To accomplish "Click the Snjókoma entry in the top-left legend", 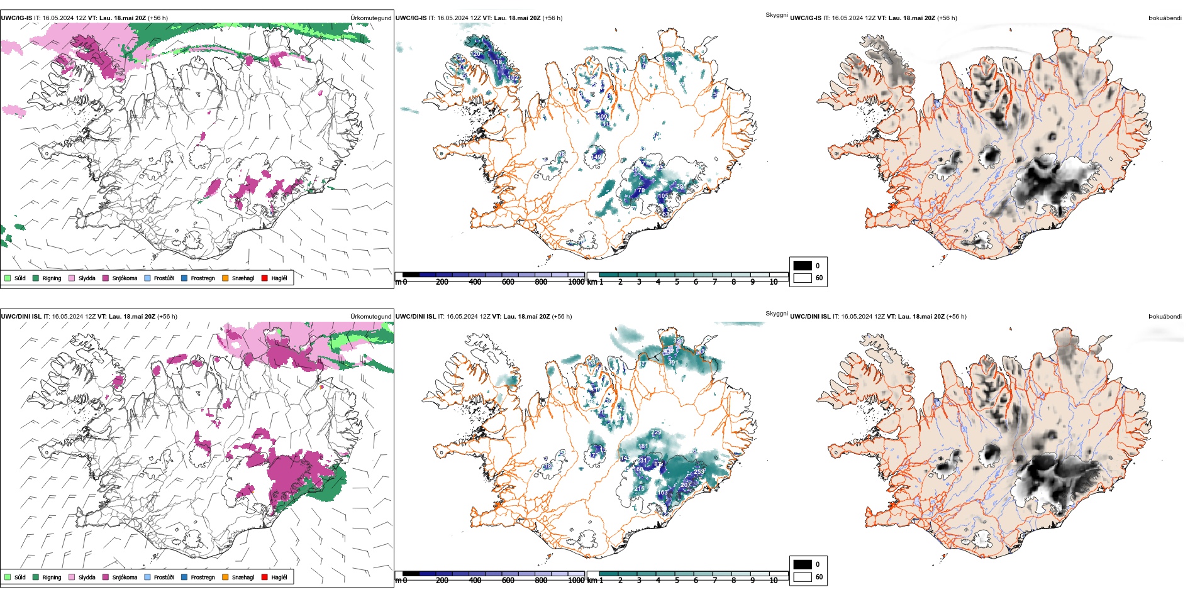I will click(x=124, y=278).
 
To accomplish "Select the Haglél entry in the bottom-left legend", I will click(x=279, y=578).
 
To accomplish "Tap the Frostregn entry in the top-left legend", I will click(x=203, y=278).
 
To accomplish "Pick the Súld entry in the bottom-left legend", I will click(x=19, y=578).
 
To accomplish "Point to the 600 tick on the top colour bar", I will click(x=508, y=282).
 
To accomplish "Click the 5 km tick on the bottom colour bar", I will click(x=677, y=581).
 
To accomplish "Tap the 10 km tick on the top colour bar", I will click(x=774, y=282).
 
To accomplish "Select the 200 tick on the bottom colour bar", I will click(x=442, y=581).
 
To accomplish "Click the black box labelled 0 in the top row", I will click(x=803, y=266).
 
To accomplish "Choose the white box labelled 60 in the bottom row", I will click(x=803, y=577).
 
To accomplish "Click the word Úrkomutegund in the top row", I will click(x=370, y=18).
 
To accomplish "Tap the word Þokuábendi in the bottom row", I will click(x=1165, y=317).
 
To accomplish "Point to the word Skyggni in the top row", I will click(x=777, y=15).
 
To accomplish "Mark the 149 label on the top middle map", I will click(x=597, y=156).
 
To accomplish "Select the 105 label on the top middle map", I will click(x=663, y=196).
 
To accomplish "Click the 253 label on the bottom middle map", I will click(x=699, y=472).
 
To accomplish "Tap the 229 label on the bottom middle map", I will click(x=656, y=433).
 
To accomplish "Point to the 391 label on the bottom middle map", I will click(x=673, y=363).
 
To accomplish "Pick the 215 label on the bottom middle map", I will click(x=639, y=489).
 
